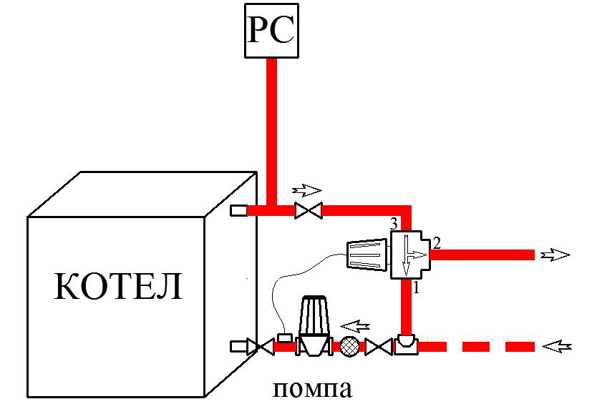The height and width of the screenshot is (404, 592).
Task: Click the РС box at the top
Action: (x=270, y=32)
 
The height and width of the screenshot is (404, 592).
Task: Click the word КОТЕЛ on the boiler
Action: (x=118, y=287)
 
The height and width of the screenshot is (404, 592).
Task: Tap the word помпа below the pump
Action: (x=314, y=390)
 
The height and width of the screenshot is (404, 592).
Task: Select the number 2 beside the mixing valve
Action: (x=437, y=242)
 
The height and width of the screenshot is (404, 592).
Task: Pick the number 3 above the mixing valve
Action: (x=393, y=225)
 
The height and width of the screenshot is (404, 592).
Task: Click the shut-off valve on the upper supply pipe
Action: (x=309, y=210)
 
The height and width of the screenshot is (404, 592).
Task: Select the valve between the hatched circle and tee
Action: (x=377, y=347)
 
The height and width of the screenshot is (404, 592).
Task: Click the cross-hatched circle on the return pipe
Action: (x=350, y=346)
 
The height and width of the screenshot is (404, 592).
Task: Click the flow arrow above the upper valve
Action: (x=309, y=191)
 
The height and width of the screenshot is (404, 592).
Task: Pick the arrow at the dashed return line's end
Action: (x=559, y=347)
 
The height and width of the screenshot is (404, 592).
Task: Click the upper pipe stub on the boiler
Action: (x=239, y=210)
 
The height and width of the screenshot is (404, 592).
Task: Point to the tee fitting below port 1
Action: (x=407, y=345)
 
